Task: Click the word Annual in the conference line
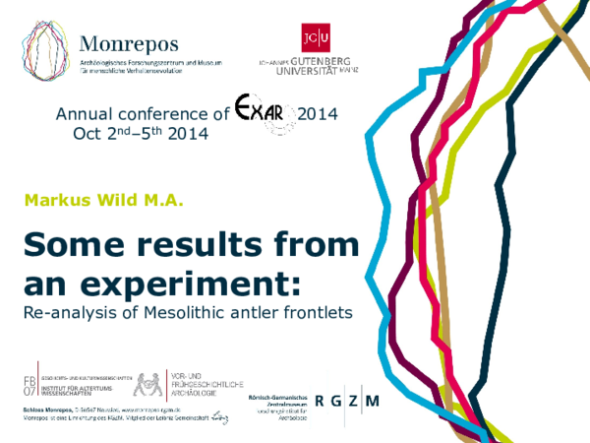(81, 114)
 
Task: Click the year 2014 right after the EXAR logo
(317, 114)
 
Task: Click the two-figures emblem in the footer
(149, 384)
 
